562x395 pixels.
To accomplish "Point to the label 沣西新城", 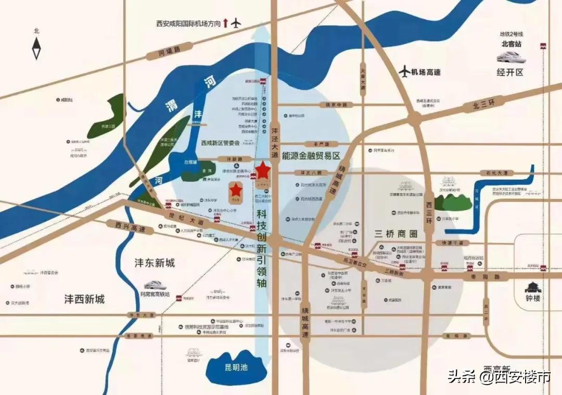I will [x=84, y=299].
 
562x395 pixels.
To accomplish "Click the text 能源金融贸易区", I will [x=311, y=156].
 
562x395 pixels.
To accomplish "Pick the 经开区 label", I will [x=510, y=72].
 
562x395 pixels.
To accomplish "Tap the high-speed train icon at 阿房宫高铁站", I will [x=156, y=285].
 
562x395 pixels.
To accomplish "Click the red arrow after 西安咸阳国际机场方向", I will [x=225, y=23].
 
